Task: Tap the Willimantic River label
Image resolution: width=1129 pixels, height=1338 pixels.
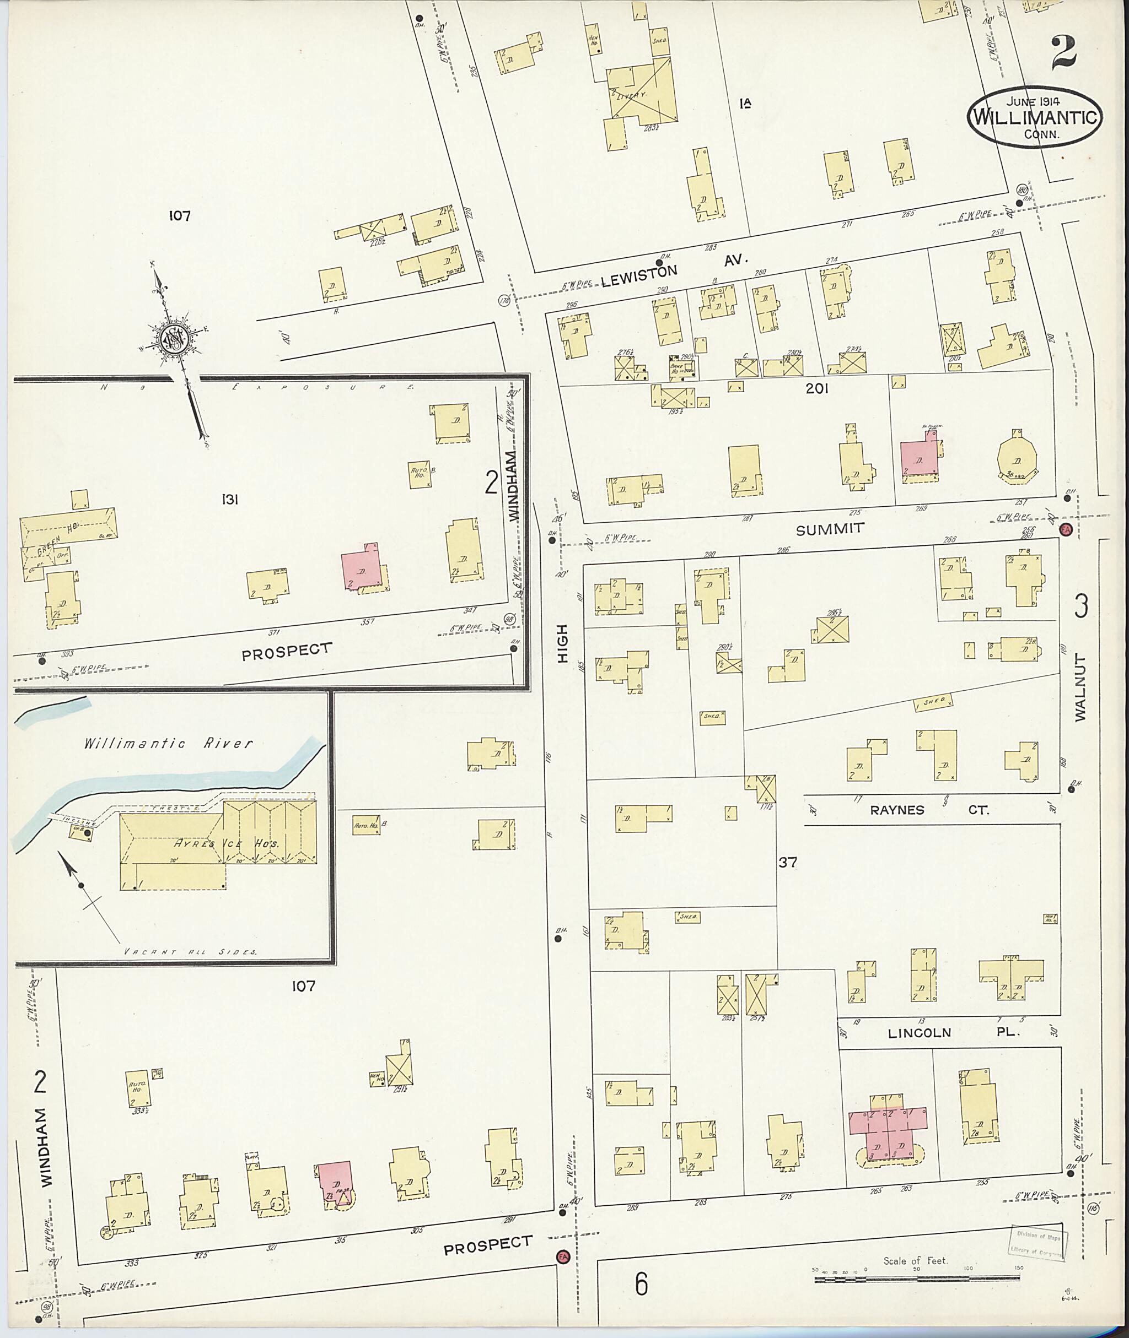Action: pyautogui.click(x=168, y=743)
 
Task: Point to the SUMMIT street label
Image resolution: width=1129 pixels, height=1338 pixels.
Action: pyautogui.click(x=830, y=529)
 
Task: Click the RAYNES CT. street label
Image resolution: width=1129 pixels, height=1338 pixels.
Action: pyautogui.click(x=928, y=810)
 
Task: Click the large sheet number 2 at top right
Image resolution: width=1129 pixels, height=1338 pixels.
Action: pyautogui.click(x=1062, y=54)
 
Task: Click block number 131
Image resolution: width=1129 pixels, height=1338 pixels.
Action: pyautogui.click(x=230, y=500)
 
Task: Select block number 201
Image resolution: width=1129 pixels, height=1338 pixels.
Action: pyautogui.click(x=818, y=388)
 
